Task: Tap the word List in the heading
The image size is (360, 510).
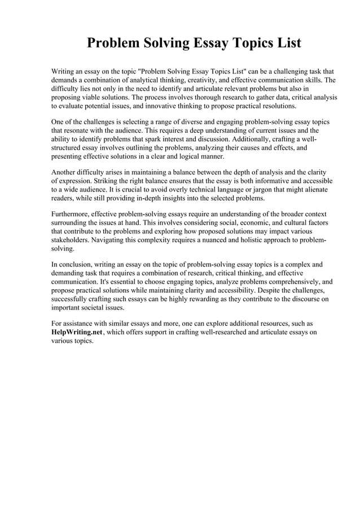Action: [287, 43]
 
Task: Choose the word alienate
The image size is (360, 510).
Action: [313, 190]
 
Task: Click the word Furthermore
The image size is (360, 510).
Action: [73, 215]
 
